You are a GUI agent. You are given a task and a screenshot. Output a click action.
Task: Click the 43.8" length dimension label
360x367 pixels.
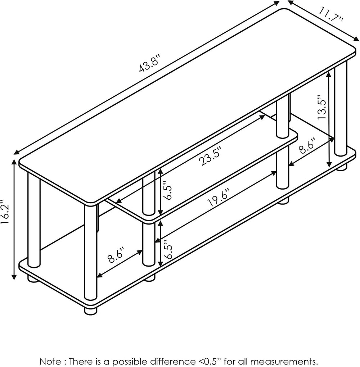(150, 63)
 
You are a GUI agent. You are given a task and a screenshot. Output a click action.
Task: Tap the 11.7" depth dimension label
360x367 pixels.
(331, 15)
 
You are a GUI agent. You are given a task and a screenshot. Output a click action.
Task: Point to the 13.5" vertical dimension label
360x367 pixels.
(322, 107)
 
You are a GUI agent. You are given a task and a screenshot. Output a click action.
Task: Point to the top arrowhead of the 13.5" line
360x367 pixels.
(329, 74)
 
